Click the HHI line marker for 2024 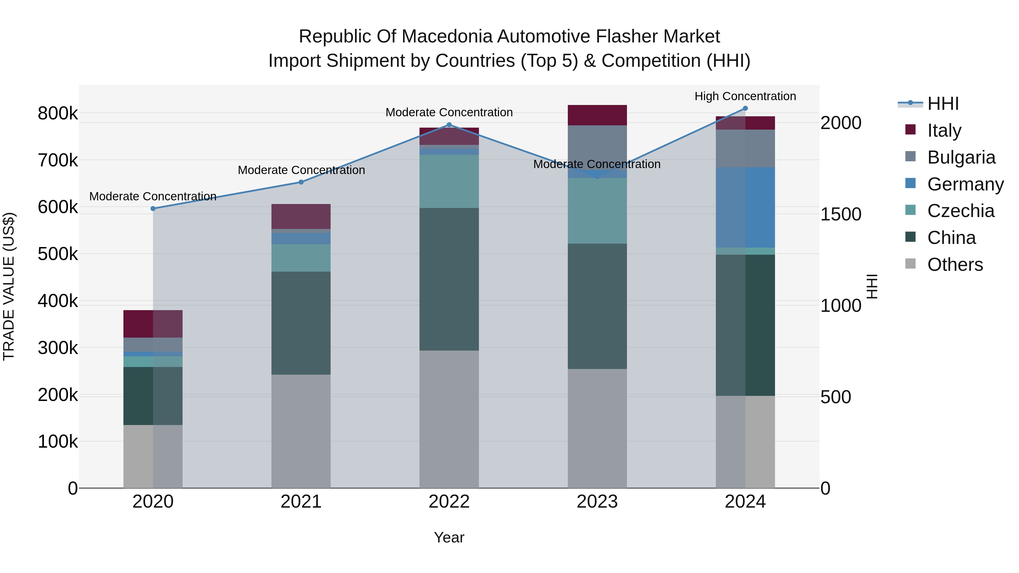(745, 108)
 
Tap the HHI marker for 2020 (153, 208)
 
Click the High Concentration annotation (745, 96)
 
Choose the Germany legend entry (965, 184)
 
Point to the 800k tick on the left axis (58, 113)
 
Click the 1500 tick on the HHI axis (841, 214)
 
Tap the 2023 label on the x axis (597, 502)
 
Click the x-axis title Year (449, 537)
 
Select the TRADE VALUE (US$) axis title (9, 286)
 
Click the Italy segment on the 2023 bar (597, 115)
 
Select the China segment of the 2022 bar (449, 279)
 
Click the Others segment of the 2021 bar (301, 431)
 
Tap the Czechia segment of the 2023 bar (597, 211)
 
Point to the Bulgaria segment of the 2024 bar (745, 148)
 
